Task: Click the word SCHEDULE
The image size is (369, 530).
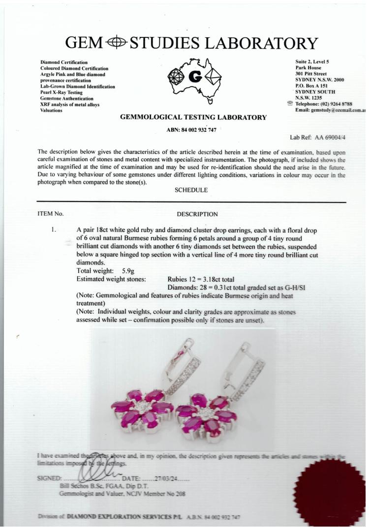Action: coord(191,189)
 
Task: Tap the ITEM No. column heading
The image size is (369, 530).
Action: coord(50,214)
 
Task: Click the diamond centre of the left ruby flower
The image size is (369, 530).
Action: coord(142,407)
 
